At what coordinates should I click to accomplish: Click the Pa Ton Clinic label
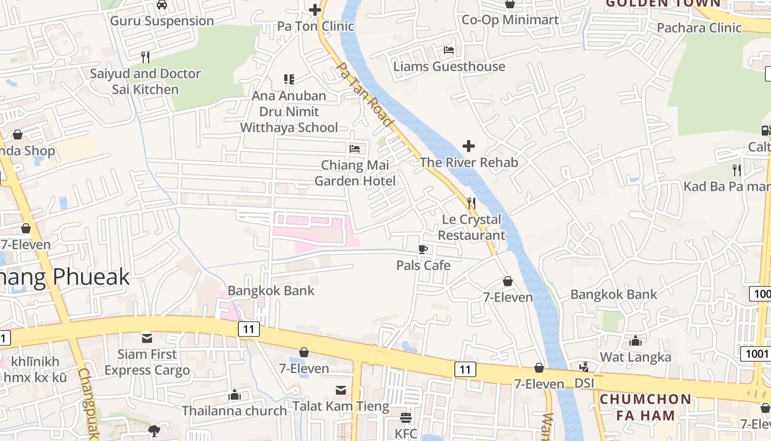tap(316, 26)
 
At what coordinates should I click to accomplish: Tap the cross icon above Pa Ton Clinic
tap(315, 9)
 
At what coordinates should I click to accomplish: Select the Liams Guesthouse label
tap(449, 67)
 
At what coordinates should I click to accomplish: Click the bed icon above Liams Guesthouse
tap(449, 50)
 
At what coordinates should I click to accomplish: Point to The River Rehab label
tap(469, 163)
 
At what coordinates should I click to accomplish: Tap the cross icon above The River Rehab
tap(469, 146)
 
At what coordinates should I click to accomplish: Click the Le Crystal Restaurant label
tap(472, 227)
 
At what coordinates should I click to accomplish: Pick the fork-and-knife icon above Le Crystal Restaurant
tap(471, 203)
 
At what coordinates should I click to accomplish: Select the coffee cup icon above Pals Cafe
tap(423, 249)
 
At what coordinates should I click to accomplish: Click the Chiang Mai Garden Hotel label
tap(355, 173)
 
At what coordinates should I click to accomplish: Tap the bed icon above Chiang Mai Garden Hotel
tap(355, 149)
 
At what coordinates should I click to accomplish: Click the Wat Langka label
tap(636, 357)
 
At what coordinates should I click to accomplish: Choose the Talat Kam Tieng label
tap(341, 407)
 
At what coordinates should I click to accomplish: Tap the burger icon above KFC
tap(406, 417)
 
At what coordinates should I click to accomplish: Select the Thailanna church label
tap(235, 411)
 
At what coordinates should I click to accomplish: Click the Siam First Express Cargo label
tap(147, 362)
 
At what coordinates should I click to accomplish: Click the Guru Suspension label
tap(162, 21)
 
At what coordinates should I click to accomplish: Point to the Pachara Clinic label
tap(699, 28)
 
